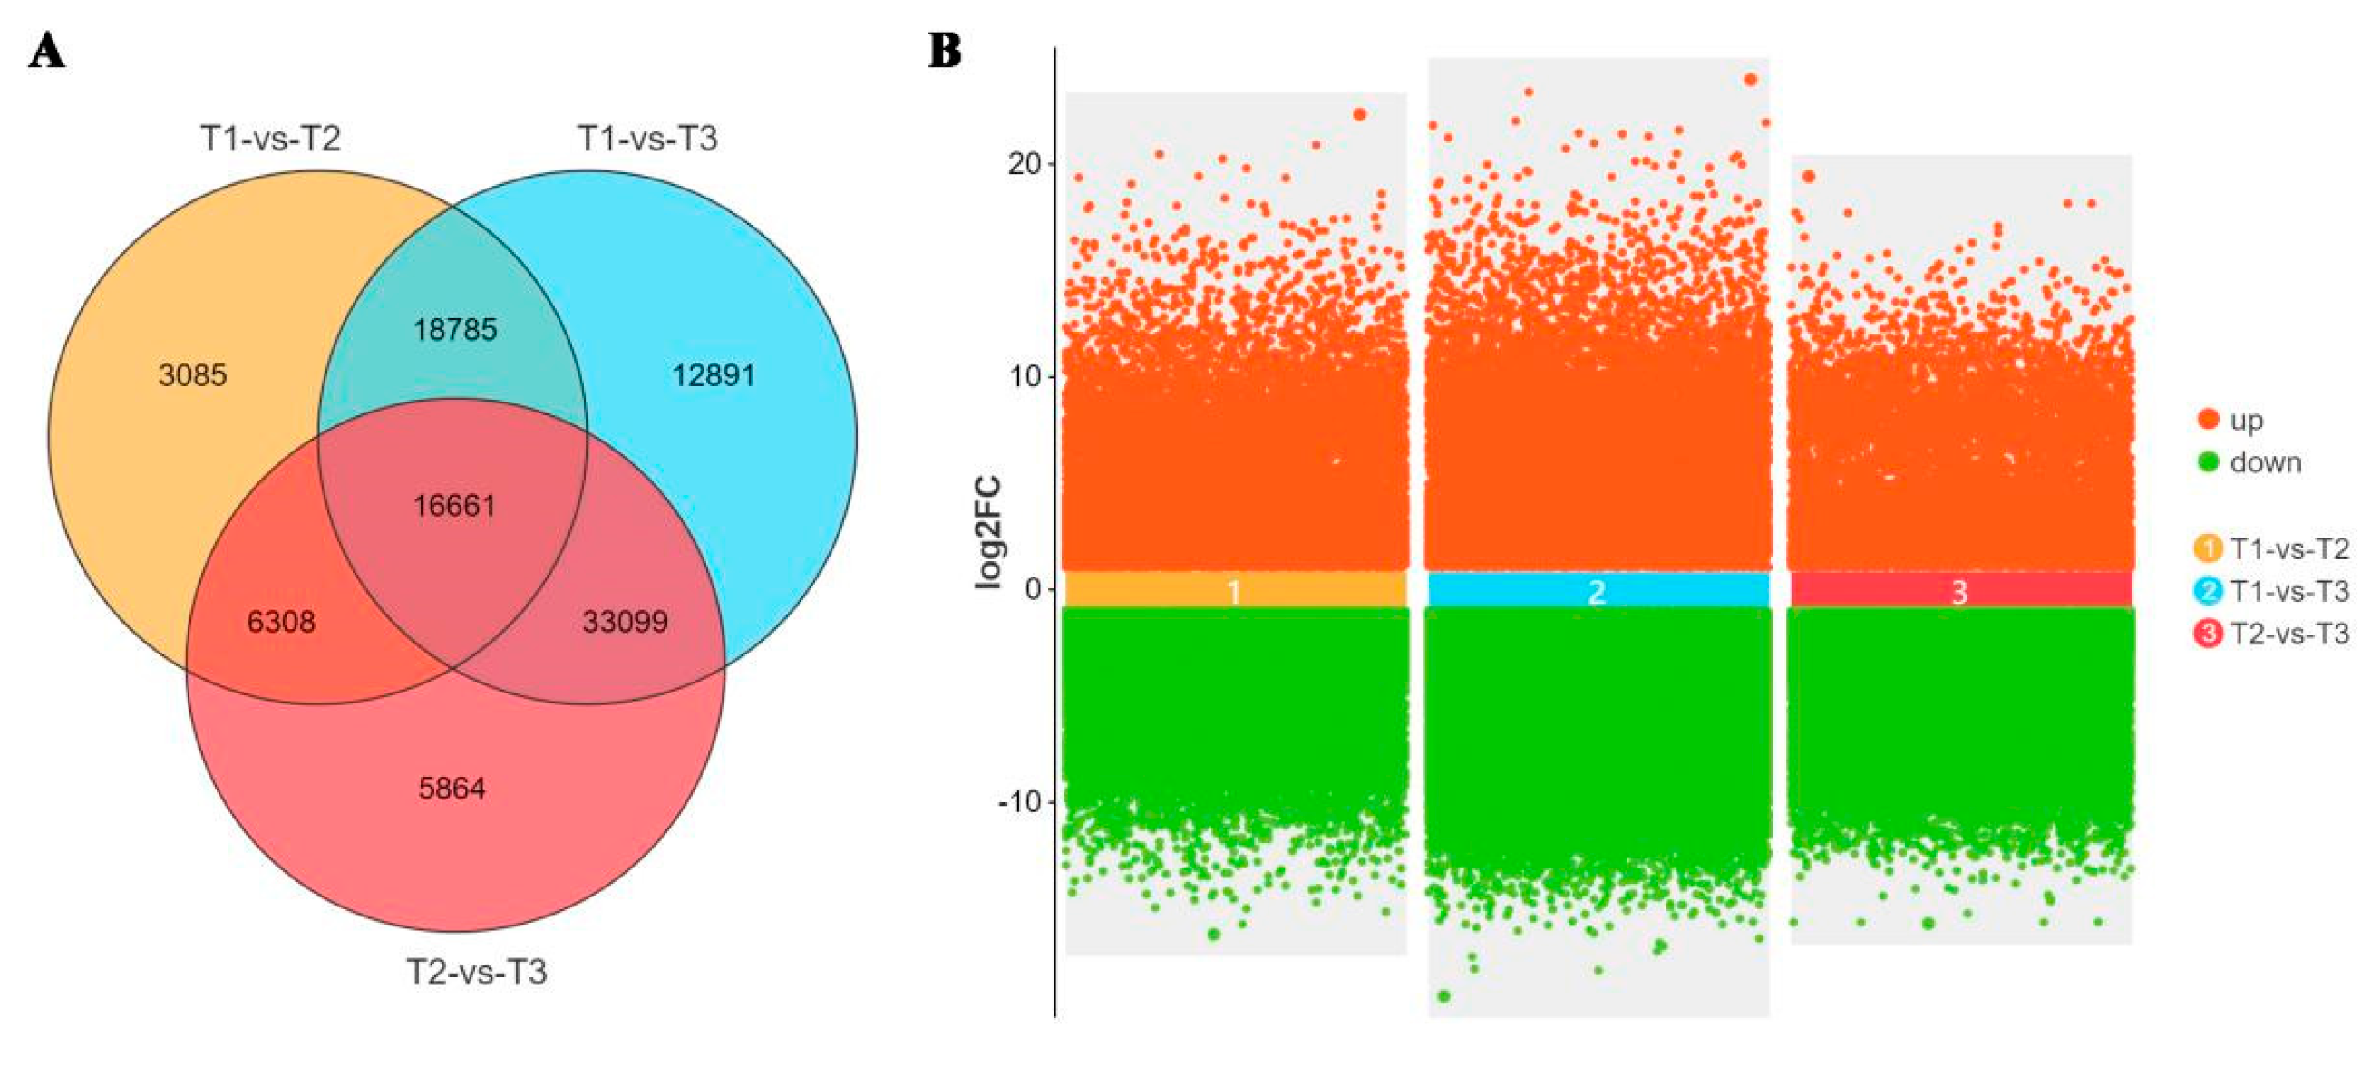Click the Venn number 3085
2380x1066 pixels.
point(192,375)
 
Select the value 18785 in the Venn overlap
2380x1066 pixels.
point(454,330)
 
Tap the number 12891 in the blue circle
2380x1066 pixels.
point(714,375)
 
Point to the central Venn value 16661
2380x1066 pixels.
point(454,505)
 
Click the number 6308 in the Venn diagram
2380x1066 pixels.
point(281,622)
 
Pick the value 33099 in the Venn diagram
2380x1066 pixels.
point(625,622)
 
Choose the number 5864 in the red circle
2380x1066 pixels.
point(452,788)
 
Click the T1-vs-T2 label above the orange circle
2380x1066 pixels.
point(271,139)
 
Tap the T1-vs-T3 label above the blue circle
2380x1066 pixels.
point(647,139)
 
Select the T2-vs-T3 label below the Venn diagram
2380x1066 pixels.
point(477,972)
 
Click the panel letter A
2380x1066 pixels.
point(47,52)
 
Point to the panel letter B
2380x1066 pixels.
point(944,52)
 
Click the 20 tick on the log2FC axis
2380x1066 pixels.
point(1024,164)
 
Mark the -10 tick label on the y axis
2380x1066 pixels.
point(1018,801)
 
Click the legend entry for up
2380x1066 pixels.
point(2246,421)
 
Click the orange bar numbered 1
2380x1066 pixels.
point(1235,590)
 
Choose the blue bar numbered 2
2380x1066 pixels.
point(1598,590)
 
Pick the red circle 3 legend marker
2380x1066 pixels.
point(2208,634)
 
